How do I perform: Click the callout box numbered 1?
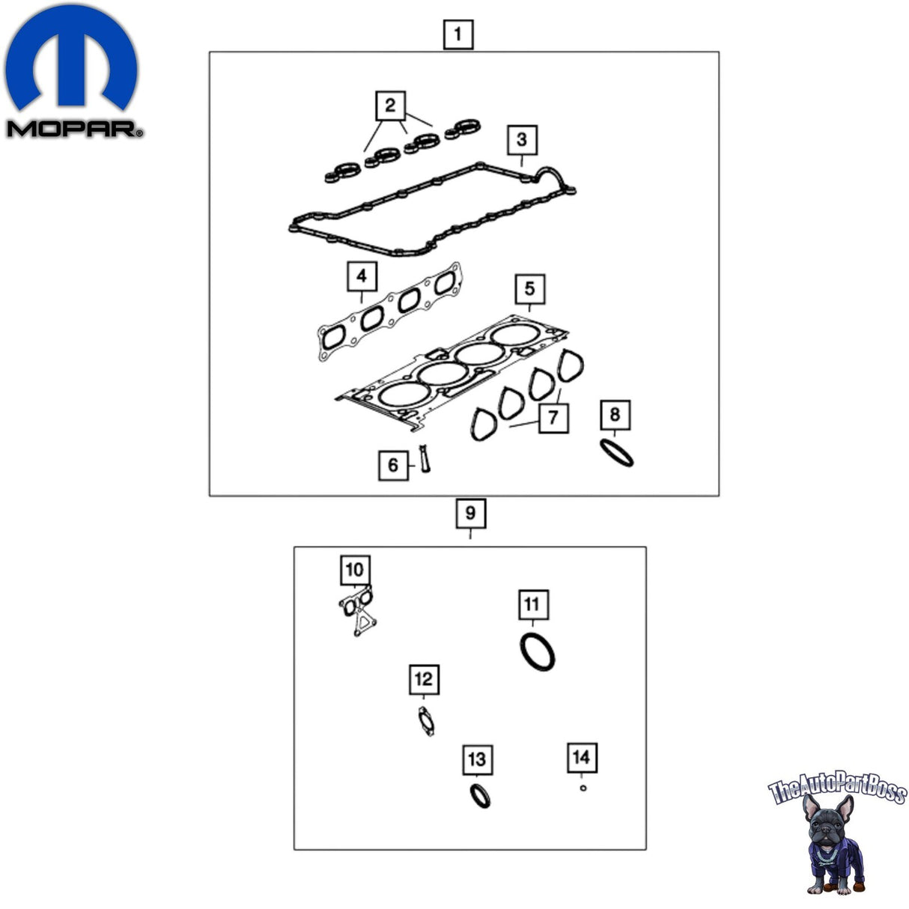click(x=458, y=34)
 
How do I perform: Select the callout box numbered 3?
click(x=522, y=140)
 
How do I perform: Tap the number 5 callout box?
click(x=529, y=289)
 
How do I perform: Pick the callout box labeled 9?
click(x=471, y=513)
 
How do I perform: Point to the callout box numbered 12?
click(x=424, y=680)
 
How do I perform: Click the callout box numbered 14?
click(x=582, y=758)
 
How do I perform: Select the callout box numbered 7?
click(x=553, y=418)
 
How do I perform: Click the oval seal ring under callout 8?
click(x=616, y=452)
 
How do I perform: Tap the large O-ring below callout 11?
click(x=538, y=652)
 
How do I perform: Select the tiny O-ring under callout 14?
click(x=583, y=788)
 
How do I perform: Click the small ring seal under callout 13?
click(x=480, y=796)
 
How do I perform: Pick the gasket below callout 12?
click(x=426, y=722)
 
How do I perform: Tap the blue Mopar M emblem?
click(x=71, y=57)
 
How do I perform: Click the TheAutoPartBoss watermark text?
click(x=837, y=789)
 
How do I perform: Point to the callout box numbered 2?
click(x=390, y=106)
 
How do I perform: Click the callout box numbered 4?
click(x=362, y=276)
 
